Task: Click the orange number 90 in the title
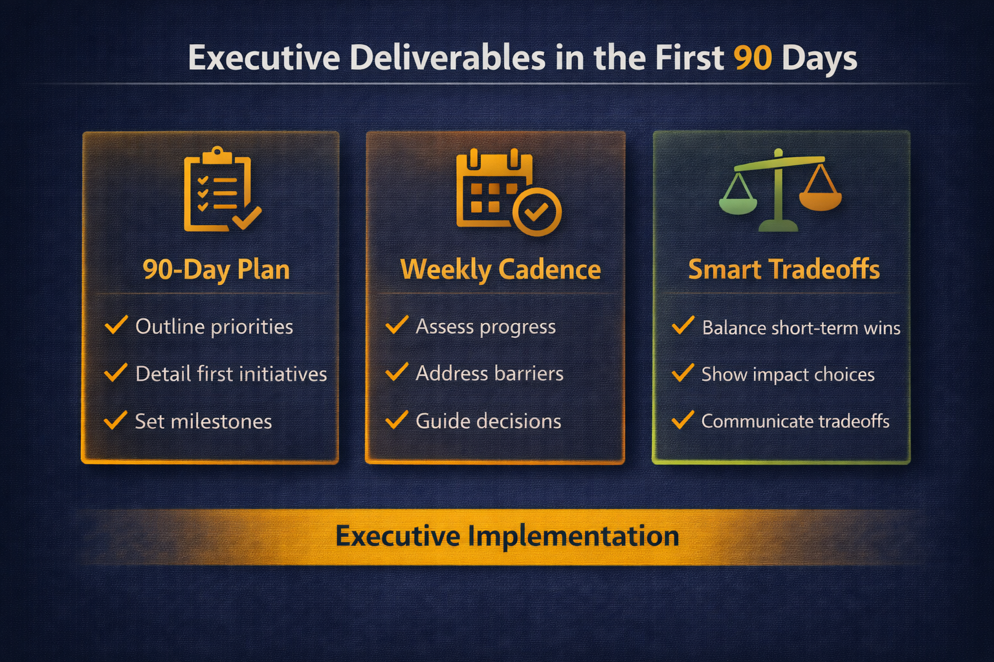click(753, 58)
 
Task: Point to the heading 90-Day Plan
click(216, 270)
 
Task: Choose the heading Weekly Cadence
click(500, 270)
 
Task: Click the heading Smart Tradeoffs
click(784, 270)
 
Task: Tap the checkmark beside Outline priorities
click(116, 325)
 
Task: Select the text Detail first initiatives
click(231, 374)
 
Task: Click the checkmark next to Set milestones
click(115, 420)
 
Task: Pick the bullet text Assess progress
click(485, 327)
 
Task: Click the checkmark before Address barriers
click(397, 372)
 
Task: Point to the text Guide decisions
click(488, 422)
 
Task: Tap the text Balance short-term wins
click(801, 328)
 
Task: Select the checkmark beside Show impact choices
click(683, 373)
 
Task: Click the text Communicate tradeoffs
click(795, 422)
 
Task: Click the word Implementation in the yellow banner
click(573, 536)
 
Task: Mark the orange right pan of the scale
click(821, 199)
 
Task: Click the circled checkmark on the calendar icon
click(536, 212)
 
